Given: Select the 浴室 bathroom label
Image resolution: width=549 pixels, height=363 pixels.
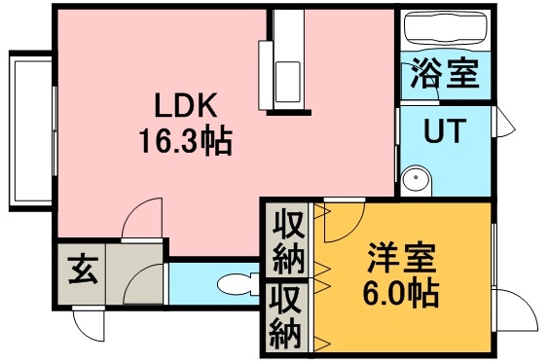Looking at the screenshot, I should pos(445,75).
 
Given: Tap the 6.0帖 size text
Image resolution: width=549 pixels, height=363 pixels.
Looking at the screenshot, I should pos(402,292).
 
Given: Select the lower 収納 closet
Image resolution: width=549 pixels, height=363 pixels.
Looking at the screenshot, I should pos(288,315).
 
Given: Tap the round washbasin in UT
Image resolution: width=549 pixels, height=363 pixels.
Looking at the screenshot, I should pos(417,179).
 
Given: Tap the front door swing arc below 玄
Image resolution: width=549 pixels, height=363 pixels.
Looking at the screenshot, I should pos(89,325).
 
